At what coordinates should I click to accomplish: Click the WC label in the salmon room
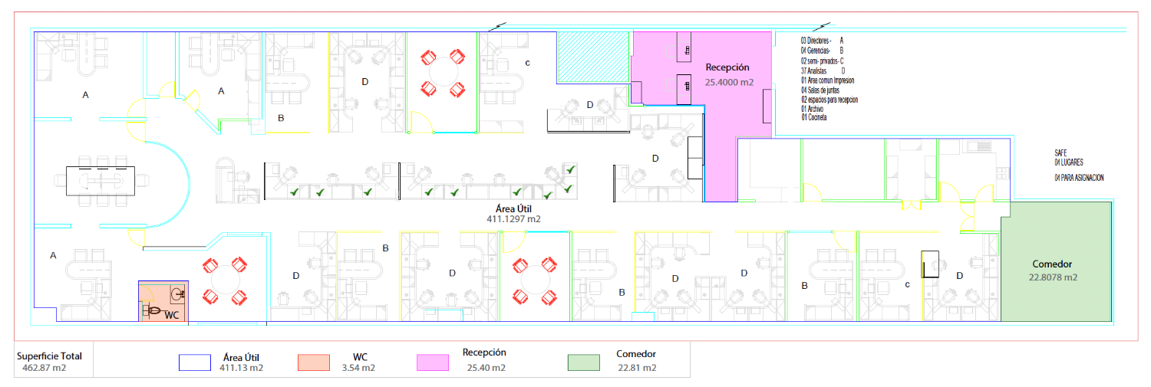click(172, 315)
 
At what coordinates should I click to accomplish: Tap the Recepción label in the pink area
click(727, 67)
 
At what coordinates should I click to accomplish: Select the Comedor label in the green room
click(1052, 264)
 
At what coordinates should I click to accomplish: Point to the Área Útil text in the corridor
click(513, 209)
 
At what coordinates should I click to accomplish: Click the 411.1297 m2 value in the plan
click(513, 219)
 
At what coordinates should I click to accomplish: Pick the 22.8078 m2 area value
click(1052, 277)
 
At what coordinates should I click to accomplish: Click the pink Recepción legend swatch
click(433, 362)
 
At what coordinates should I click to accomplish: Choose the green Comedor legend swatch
click(584, 362)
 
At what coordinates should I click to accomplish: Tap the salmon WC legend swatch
click(313, 362)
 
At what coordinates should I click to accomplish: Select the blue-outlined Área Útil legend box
click(195, 362)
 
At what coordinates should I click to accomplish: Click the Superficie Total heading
click(49, 356)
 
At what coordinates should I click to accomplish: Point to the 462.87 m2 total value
click(45, 368)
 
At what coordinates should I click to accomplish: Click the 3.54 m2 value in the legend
click(358, 368)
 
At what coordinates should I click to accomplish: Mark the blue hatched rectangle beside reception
click(593, 57)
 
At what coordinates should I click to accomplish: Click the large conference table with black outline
click(101, 181)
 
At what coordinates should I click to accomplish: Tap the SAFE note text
click(1060, 153)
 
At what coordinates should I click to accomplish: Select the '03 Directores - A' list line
click(822, 41)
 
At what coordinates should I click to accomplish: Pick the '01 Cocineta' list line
click(814, 117)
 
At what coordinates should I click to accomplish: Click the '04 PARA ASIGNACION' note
click(1079, 178)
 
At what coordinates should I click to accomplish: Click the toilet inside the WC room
click(152, 310)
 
